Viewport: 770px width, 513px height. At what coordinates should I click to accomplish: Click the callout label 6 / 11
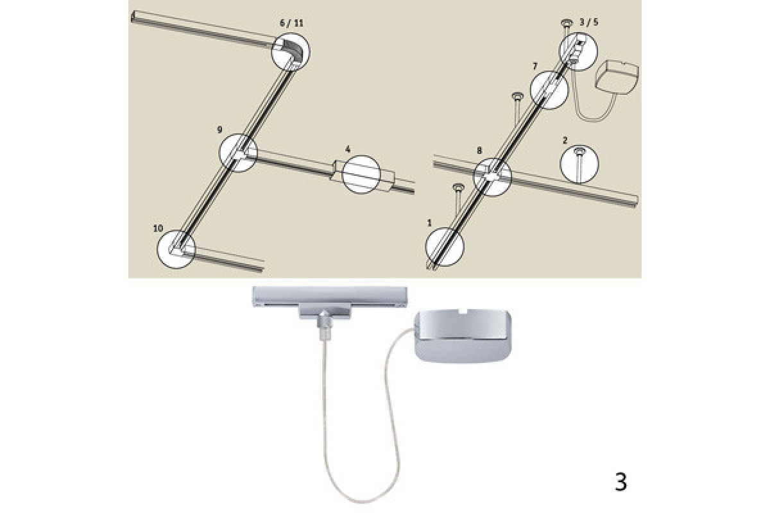[x=292, y=23]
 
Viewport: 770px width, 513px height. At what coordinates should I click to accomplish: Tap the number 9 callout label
[x=219, y=130]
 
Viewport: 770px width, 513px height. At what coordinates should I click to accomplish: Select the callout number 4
[x=348, y=149]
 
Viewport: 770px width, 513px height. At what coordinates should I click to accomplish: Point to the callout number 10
[x=158, y=228]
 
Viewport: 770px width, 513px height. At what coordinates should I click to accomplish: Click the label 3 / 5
[x=588, y=22]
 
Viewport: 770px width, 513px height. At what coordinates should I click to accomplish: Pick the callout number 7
[x=535, y=66]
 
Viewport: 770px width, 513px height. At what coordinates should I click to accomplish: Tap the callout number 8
[x=479, y=150]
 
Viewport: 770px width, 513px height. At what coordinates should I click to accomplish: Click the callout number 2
[x=565, y=140]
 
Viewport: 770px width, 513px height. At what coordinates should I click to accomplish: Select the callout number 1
[x=429, y=223]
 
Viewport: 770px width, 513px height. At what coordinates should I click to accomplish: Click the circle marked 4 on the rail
[x=361, y=174]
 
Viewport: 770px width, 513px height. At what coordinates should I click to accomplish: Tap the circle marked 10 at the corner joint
[x=176, y=249]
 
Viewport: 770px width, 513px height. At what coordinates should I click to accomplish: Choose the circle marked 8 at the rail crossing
[x=493, y=177]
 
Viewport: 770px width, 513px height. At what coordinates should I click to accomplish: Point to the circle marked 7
[x=549, y=90]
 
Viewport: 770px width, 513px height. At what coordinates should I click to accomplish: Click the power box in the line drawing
[x=618, y=78]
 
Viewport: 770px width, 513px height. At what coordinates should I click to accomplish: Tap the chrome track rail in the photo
[x=330, y=298]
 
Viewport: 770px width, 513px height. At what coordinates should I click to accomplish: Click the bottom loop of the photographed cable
[x=361, y=495]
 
